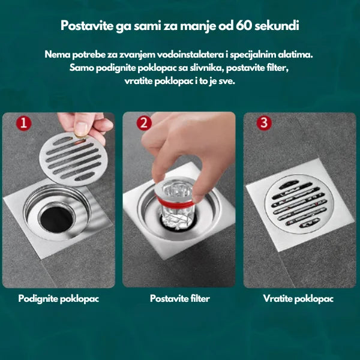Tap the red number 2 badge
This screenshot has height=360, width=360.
coord(144,124)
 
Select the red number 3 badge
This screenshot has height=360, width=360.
coord(265,124)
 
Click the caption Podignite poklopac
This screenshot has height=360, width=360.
coord(58,298)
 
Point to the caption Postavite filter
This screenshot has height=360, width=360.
coord(179,298)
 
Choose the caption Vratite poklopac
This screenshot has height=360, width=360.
coord(298,298)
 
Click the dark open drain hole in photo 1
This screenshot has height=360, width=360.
coord(50,214)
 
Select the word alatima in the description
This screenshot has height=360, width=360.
coord(296,55)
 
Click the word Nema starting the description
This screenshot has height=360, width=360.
coord(56,55)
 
